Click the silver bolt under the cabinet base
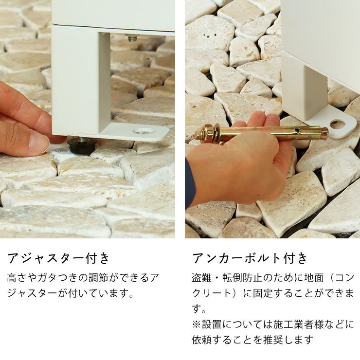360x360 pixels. pyautogui.click(x=132, y=37)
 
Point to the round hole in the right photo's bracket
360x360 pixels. pyautogui.click(x=338, y=124)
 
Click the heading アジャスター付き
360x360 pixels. pyautogui.click(x=58, y=258)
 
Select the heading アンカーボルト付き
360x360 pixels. pyautogui.click(x=250, y=258)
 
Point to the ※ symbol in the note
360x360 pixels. pyautogui.click(x=197, y=324)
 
